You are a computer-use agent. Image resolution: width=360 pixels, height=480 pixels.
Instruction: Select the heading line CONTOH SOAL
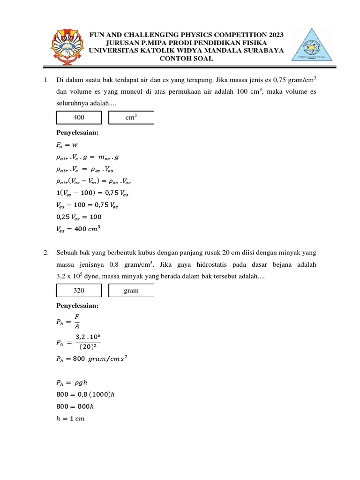[x=186, y=59]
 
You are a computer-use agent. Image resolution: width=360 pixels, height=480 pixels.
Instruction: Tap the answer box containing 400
[x=79, y=118]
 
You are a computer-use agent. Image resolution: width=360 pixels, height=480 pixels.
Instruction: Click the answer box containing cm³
[x=131, y=118]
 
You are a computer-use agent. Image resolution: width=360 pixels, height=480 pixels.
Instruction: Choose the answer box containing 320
[x=79, y=291]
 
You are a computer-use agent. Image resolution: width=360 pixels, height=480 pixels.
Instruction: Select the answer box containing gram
[x=131, y=291]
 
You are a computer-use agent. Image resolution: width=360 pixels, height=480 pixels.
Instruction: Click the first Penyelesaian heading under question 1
[x=77, y=133]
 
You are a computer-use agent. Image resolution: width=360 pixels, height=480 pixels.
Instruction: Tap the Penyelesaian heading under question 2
[x=77, y=306]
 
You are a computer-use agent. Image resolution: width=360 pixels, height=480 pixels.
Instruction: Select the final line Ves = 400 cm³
[x=78, y=229]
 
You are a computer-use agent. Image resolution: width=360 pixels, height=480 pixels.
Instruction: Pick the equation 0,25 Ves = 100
[x=79, y=217]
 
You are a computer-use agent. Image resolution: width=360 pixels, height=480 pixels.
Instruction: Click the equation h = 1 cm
[x=70, y=419]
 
